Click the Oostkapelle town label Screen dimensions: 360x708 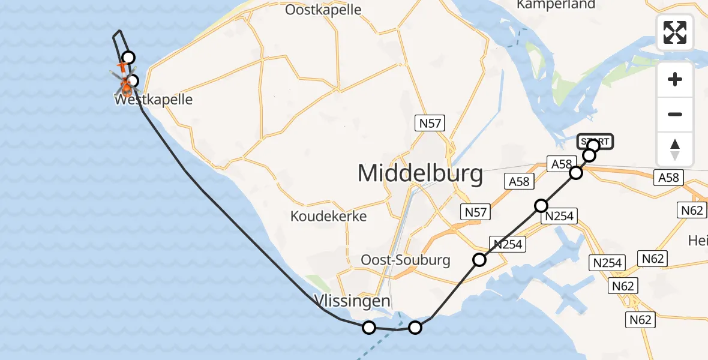[x=323, y=10]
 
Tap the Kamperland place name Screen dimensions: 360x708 [x=556, y=5]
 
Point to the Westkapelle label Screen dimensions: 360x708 [x=154, y=100]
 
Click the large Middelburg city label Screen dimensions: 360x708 [x=420, y=174]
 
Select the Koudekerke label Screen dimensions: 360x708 [x=328, y=216]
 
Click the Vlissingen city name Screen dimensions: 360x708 [x=353, y=301]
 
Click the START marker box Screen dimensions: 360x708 [x=595, y=141]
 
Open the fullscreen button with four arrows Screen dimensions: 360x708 [x=675, y=32]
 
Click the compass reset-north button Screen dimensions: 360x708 [x=675, y=149]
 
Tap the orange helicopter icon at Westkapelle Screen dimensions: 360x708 [x=125, y=84]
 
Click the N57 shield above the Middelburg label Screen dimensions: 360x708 [x=430, y=124]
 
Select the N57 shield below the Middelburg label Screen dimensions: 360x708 [x=475, y=211]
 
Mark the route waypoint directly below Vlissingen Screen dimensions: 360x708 [x=369, y=327]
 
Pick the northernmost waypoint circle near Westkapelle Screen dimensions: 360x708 [x=128, y=58]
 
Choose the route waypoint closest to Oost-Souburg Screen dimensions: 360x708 [x=479, y=260]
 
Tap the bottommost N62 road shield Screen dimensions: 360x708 [x=640, y=320]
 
